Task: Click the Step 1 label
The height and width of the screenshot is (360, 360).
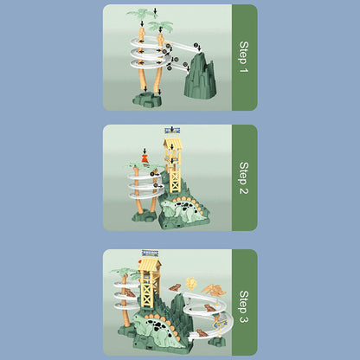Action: pos(244,57)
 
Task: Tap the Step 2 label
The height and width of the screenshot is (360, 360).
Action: pos(244,177)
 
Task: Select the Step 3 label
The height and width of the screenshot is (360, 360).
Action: pos(244,306)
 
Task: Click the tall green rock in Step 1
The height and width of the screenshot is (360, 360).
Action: pos(201,74)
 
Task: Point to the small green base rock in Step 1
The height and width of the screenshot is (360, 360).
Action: pos(147,99)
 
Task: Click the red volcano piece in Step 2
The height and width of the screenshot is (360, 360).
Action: pos(145,158)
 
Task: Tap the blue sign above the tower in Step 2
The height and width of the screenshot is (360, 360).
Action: pos(172,131)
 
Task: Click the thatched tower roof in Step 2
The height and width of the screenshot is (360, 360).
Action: pos(172,142)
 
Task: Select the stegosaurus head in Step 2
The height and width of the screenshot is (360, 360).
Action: pos(166,207)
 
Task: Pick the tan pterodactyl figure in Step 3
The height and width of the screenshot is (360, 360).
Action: pos(215,290)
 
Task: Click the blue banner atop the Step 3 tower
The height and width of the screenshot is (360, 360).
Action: pos(150,254)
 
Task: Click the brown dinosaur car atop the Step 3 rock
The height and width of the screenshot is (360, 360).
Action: pos(175,287)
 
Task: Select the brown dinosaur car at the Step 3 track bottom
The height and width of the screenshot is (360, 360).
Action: pos(202,333)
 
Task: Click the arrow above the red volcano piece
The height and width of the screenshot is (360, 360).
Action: pos(145,151)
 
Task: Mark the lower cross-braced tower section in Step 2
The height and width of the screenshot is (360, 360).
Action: pos(175,180)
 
